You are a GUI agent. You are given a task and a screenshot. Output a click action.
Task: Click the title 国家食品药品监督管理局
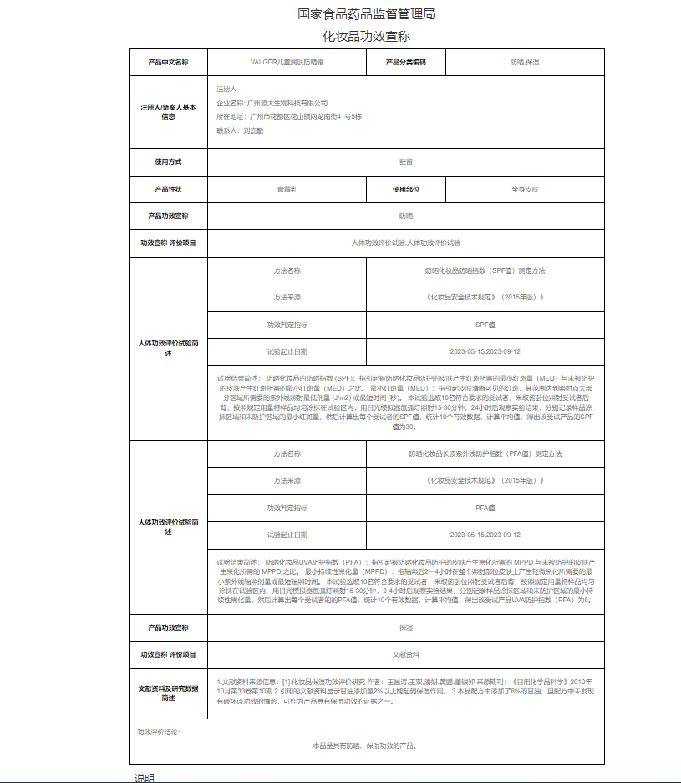click(x=366, y=14)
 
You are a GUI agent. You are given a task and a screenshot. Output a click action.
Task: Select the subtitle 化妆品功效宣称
click(x=366, y=37)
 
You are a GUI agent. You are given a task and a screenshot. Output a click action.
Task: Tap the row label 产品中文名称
click(x=168, y=63)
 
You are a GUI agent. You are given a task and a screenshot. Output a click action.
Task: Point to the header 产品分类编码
click(x=405, y=63)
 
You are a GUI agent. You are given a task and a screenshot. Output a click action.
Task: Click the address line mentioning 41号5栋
click(x=288, y=116)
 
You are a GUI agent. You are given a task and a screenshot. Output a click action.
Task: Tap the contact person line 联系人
click(x=240, y=130)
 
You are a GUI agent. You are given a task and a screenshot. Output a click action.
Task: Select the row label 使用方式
click(x=168, y=161)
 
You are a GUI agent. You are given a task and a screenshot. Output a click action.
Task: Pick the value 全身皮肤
click(x=525, y=189)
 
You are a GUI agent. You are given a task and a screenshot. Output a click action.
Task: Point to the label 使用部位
click(x=405, y=189)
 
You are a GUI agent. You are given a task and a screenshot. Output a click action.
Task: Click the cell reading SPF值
click(x=485, y=325)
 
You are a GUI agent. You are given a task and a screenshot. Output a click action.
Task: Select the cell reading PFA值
click(x=485, y=508)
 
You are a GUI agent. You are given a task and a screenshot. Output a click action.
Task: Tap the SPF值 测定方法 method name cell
click(x=485, y=271)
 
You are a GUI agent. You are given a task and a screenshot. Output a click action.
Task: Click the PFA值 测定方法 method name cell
click(x=485, y=453)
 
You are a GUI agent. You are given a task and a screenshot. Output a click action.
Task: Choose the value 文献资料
click(x=405, y=654)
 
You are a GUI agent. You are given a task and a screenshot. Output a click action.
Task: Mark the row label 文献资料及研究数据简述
click(x=168, y=693)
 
